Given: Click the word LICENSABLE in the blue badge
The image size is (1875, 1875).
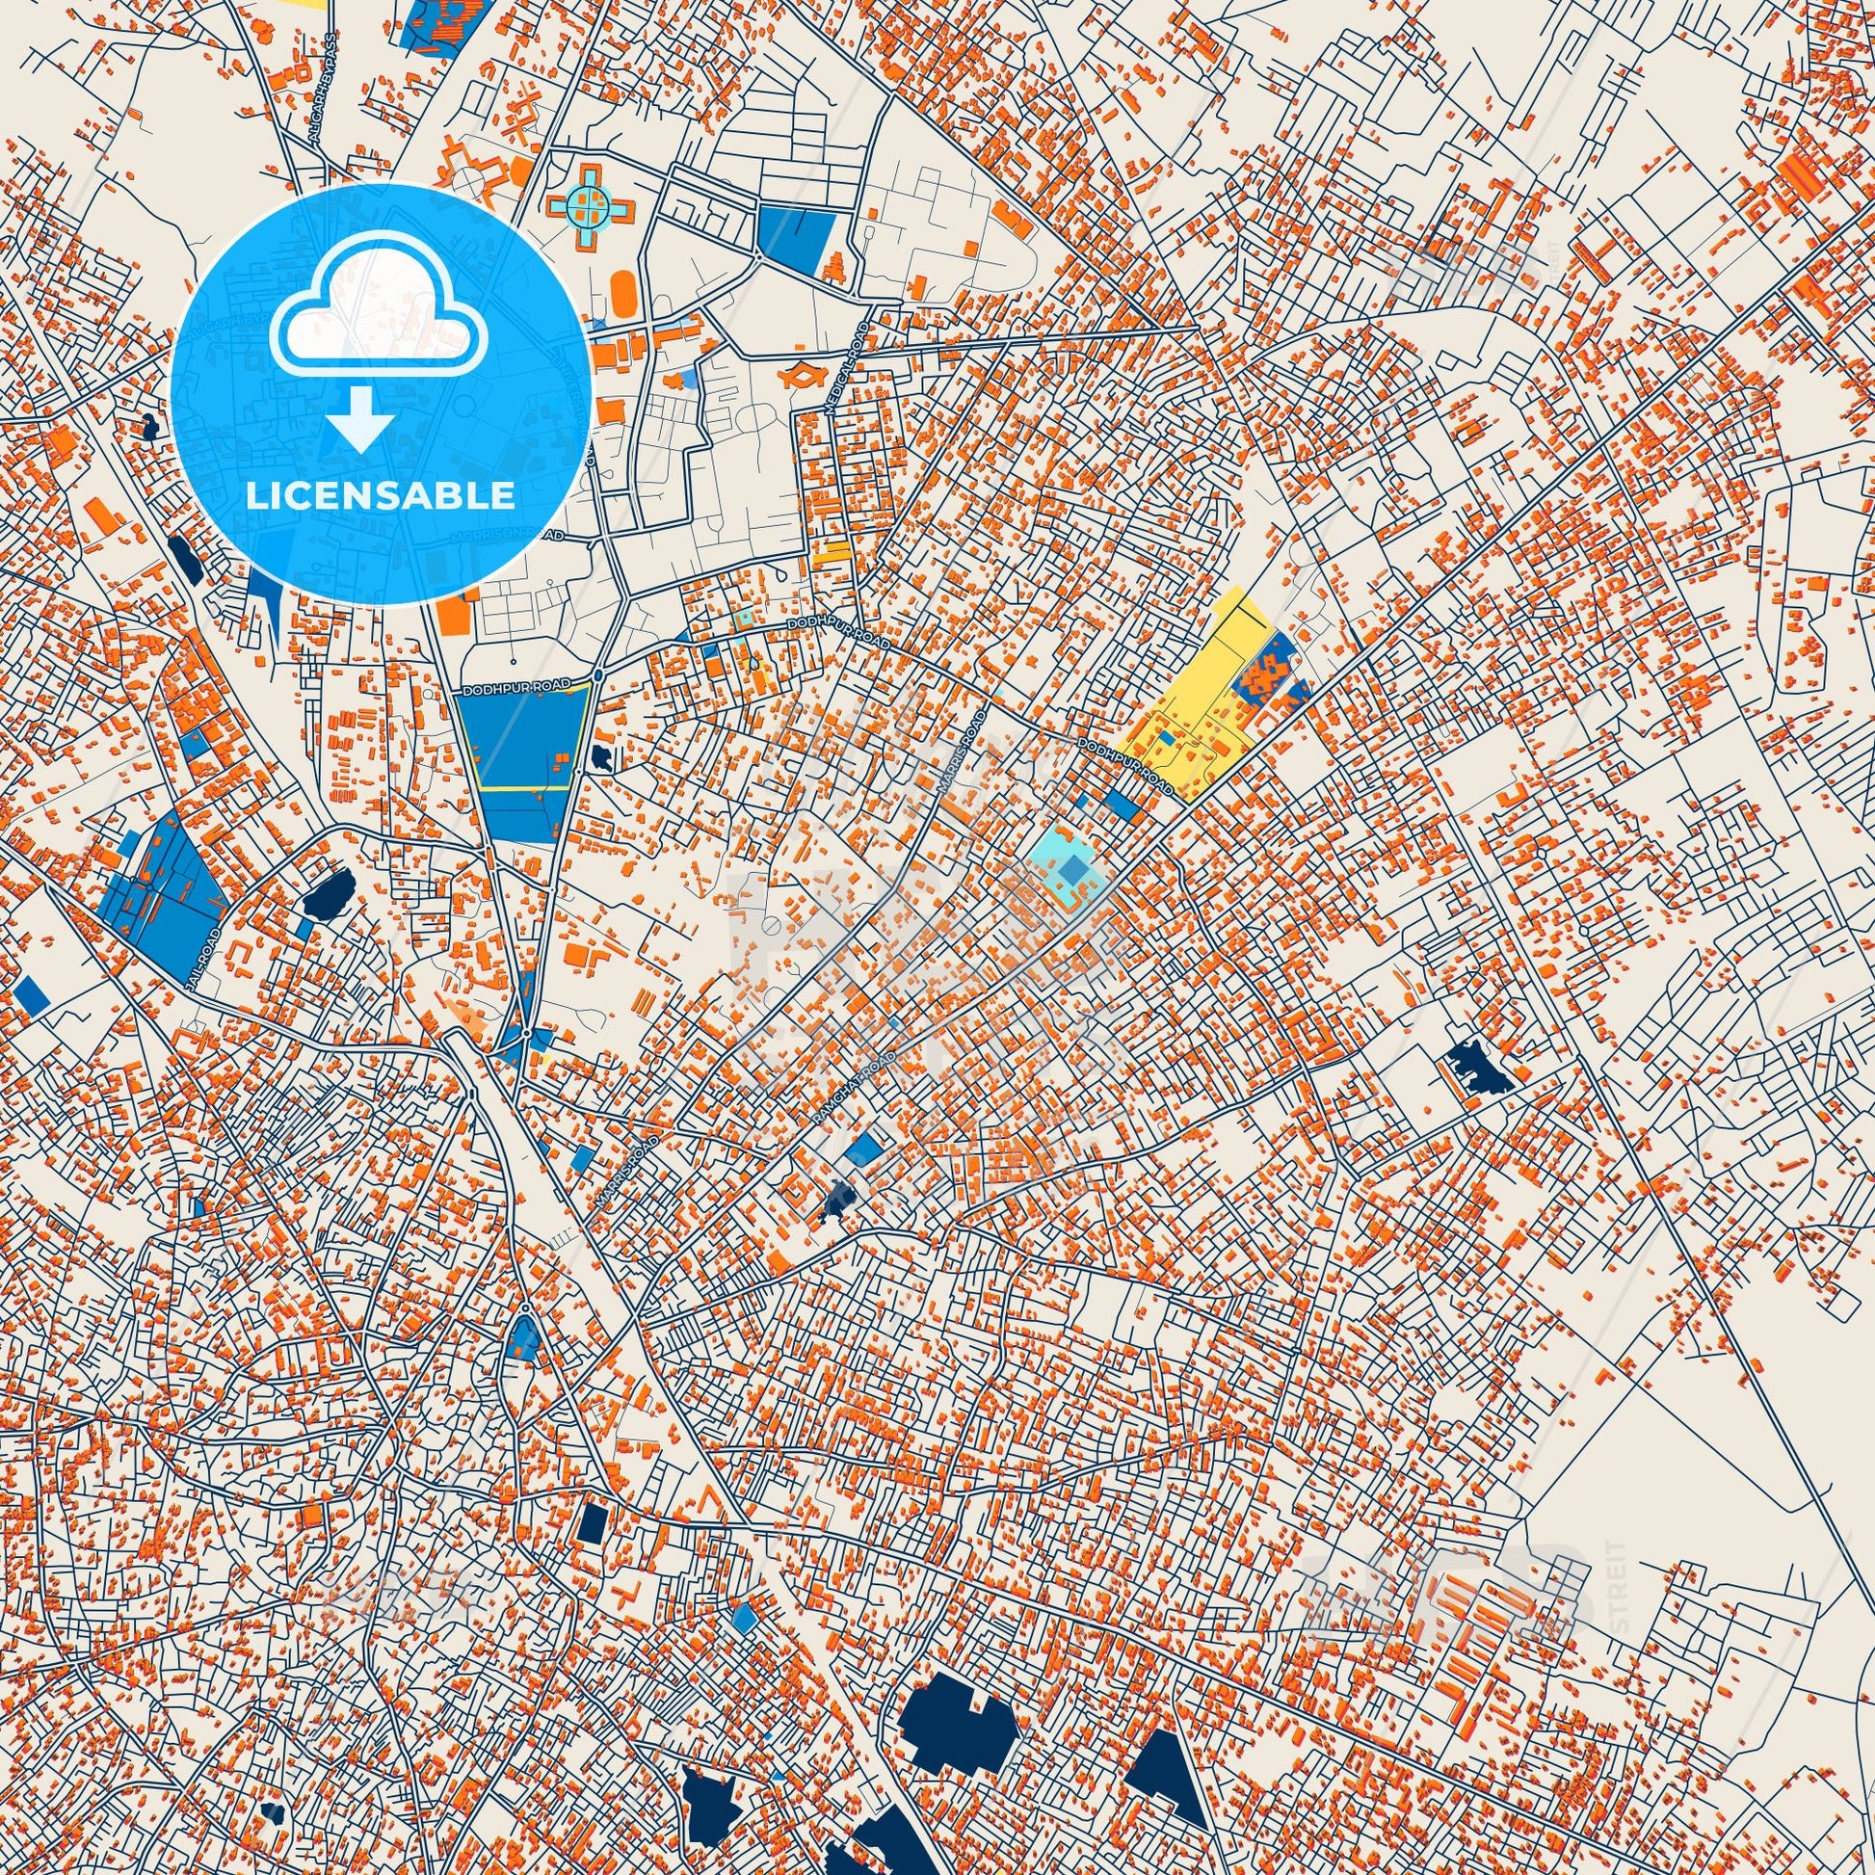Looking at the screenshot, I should point(380,496).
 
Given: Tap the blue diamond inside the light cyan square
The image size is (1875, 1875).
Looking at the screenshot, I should point(1072,871).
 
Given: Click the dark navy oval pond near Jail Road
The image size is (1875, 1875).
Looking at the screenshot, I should point(327,893).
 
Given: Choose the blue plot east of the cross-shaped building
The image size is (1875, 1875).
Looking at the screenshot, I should point(795,234).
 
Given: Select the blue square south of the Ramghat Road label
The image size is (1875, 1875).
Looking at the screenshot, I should point(862,1150).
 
